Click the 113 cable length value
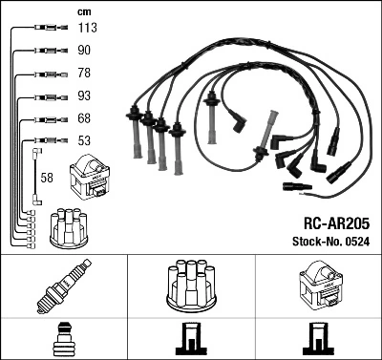(86, 29)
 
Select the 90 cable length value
(84, 51)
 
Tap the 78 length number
(84, 74)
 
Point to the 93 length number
(84, 95)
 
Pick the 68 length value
(84, 118)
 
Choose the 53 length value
(84, 140)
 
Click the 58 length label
(47, 177)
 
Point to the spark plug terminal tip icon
(64, 336)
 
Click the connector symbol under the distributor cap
(191, 336)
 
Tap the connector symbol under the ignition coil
(318, 336)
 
